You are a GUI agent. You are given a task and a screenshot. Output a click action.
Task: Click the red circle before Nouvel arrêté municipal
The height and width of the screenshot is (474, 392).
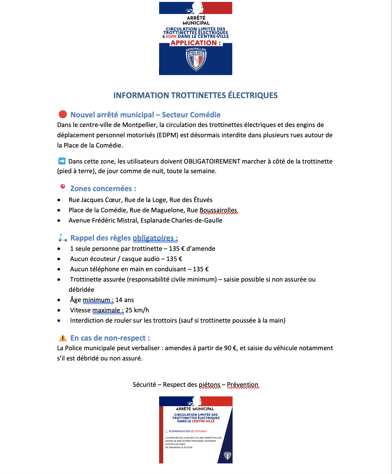63,114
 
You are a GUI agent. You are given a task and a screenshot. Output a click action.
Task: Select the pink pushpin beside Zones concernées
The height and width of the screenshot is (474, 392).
63,188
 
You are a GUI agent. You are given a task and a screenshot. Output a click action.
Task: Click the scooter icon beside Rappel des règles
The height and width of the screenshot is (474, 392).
63,238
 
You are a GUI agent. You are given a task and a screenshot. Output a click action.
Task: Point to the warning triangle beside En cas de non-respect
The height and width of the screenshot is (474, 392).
63,338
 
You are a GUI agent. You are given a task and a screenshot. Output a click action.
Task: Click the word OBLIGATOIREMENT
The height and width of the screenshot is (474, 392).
212,161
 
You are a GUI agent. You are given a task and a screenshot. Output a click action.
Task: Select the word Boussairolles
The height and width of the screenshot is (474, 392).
218,210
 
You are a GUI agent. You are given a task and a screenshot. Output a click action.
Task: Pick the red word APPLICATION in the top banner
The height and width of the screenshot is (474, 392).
194,43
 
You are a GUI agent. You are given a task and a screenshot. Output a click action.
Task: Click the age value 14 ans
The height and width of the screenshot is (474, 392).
124,300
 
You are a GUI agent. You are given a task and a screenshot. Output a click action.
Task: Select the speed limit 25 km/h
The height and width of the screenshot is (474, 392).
137,310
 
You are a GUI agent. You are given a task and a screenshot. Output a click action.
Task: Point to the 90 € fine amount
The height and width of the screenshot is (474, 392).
230,348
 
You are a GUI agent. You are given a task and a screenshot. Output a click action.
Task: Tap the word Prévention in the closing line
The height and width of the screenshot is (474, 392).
243,385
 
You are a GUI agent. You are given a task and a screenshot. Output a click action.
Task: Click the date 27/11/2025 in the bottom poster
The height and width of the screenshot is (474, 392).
200,431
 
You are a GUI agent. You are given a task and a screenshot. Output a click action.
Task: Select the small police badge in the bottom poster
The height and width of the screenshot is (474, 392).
227,455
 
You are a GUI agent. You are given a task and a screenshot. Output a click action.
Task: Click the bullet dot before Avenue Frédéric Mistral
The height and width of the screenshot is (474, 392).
59,221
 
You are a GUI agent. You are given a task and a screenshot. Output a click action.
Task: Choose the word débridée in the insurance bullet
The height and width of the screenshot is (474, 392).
81,290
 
